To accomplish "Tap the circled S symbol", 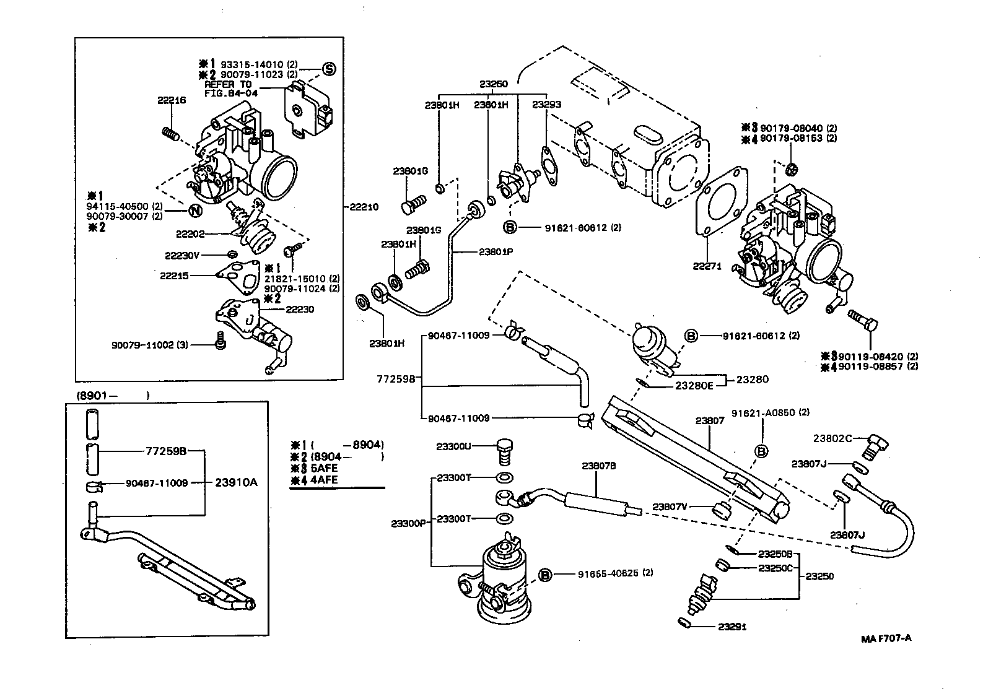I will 329,69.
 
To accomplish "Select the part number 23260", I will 493,84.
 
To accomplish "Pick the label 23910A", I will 236,482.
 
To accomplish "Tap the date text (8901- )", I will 112,395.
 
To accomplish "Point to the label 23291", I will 732,627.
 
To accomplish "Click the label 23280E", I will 694,385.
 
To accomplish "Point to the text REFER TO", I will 228,84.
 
